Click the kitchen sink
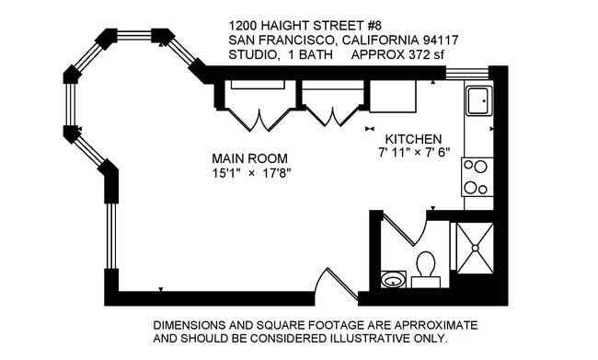(477, 100)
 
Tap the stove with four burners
(477, 177)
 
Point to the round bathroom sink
(394, 279)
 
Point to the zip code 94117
(437, 41)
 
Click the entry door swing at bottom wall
(334, 278)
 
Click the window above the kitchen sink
(475, 74)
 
